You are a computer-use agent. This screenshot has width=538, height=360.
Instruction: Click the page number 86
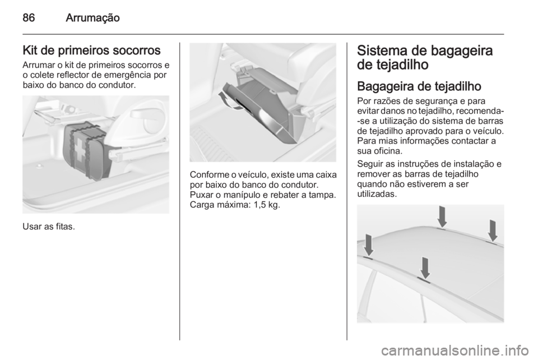28,18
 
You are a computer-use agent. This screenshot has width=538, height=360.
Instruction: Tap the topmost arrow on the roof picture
442,216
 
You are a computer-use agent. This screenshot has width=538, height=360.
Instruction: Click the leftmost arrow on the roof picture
368,245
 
